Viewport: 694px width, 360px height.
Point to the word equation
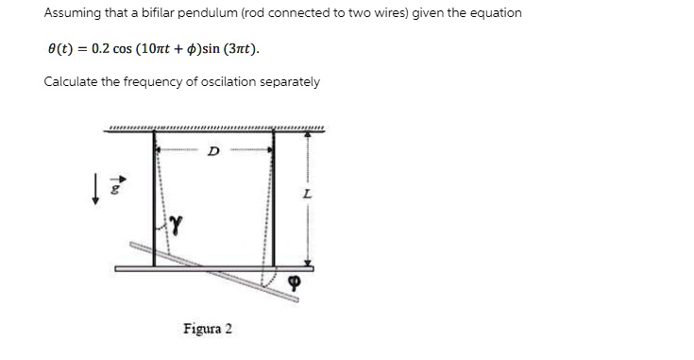pyautogui.click(x=492, y=13)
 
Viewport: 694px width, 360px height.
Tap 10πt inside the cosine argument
pyautogui.click(x=157, y=47)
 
